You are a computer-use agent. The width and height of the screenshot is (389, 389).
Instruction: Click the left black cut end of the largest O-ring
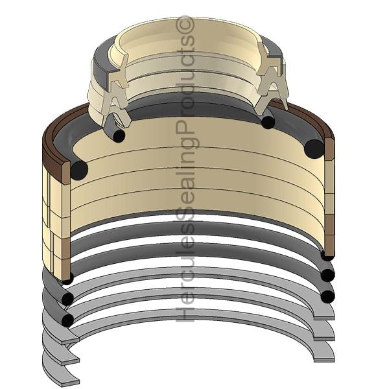tap(79, 170)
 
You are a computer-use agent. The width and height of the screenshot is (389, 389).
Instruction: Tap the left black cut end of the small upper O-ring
tap(119, 136)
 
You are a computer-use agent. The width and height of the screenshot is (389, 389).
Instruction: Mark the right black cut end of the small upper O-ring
tap(268, 123)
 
